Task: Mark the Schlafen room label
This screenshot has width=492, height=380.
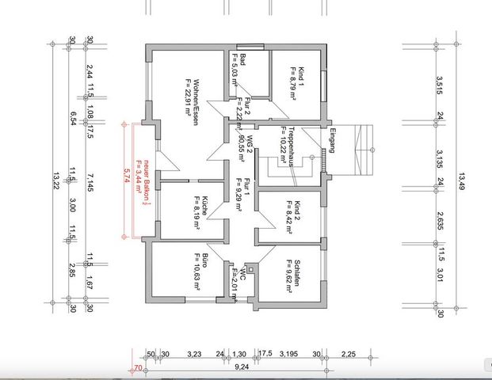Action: tap(290, 274)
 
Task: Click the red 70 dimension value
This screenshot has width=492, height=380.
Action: tap(138, 368)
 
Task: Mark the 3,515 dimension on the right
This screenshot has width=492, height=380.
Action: tap(437, 85)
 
